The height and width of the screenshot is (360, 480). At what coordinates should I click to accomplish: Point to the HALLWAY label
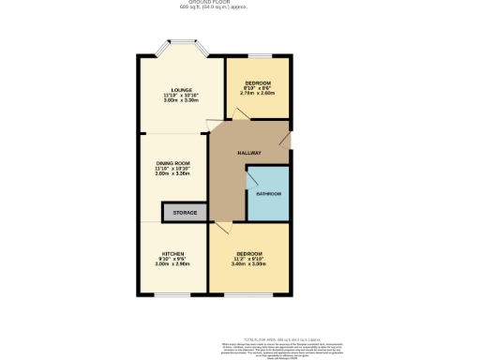coord(248,153)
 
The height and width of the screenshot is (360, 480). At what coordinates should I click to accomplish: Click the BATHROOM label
coord(269,194)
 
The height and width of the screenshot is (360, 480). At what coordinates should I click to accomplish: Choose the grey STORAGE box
coord(185,214)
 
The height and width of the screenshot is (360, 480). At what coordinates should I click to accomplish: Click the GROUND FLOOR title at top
coord(239,3)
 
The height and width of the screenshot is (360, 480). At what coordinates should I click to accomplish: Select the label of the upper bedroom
coord(257,83)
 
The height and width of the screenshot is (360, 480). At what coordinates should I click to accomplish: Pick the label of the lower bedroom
coord(249,254)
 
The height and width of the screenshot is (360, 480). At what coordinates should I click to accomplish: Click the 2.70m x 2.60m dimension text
coord(257,94)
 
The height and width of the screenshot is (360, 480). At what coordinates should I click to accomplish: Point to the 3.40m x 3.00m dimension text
coord(249,264)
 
